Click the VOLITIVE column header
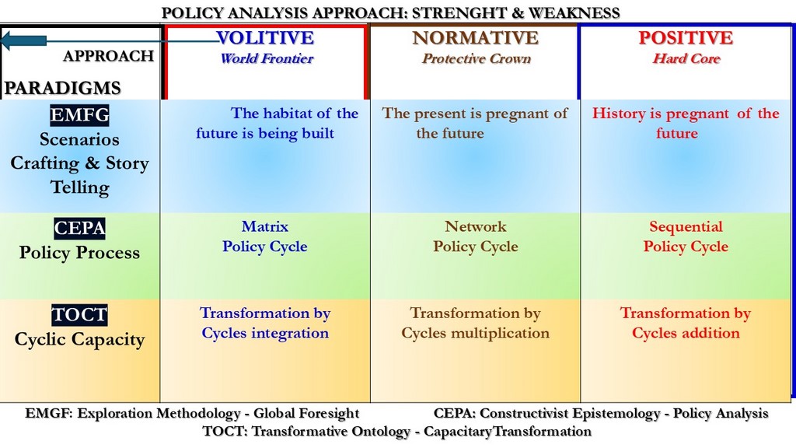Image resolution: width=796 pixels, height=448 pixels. click(265, 37)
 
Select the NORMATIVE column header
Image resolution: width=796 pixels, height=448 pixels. click(475, 37)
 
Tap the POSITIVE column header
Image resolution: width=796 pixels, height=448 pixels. click(686, 37)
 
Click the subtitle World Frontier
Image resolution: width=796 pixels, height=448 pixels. click(267, 58)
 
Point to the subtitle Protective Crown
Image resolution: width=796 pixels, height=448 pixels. click(477, 58)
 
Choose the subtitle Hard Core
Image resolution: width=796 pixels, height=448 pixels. click(686, 58)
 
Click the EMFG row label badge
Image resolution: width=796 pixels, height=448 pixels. click(80, 115)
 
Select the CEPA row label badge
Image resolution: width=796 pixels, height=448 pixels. click(80, 229)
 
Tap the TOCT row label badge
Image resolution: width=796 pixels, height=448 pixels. click(80, 315)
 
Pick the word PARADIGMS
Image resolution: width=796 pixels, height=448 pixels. click(62, 88)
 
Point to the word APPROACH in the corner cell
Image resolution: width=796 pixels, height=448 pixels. click(109, 56)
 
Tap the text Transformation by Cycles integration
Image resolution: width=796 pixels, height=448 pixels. click(265, 323)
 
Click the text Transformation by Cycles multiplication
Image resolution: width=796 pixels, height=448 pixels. click(476, 323)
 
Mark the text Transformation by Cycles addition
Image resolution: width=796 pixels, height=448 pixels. click(686, 323)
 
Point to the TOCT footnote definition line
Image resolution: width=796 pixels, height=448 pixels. click(397, 431)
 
